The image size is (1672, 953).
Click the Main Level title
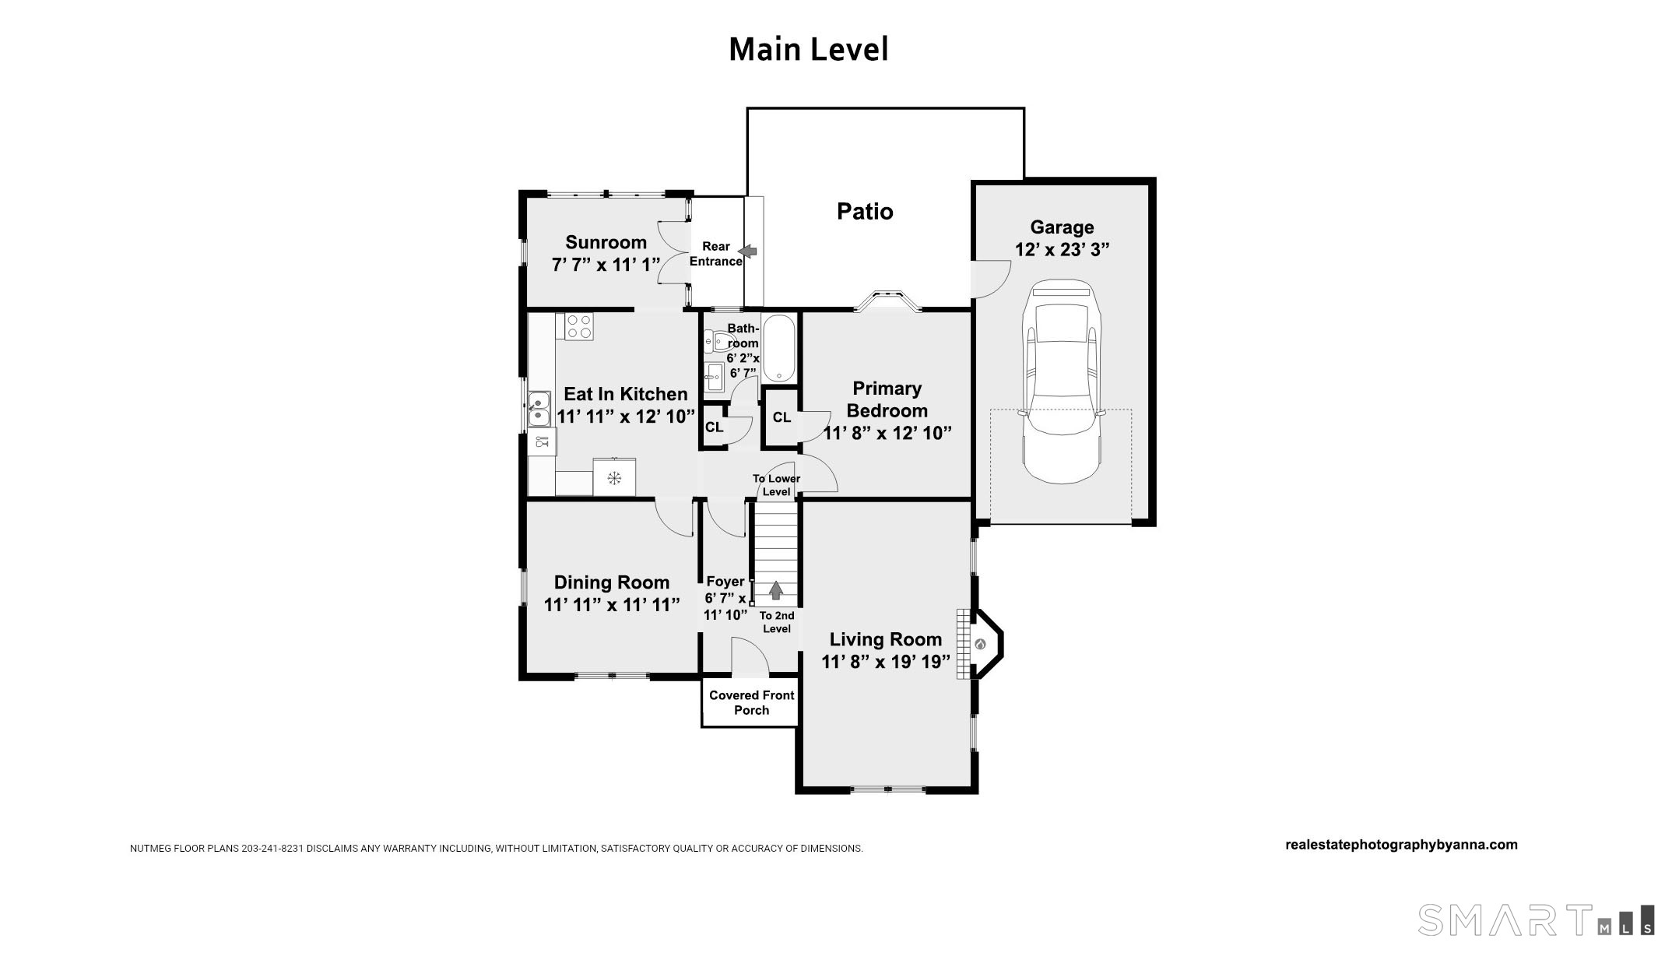(x=809, y=49)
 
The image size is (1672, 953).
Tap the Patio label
(x=865, y=212)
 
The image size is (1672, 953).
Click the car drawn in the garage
(x=1062, y=382)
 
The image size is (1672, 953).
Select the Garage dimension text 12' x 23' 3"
(x=1062, y=249)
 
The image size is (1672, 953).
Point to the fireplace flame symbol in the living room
(x=980, y=644)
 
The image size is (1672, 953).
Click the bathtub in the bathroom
(x=779, y=349)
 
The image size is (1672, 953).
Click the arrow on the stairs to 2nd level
(x=775, y=590)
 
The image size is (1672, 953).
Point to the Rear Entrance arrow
(x=748, y=251)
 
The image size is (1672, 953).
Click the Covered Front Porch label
(x=752, y=702)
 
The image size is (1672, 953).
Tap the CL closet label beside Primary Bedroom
(x=782, y=417)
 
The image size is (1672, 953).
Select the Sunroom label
(x=606, y=242)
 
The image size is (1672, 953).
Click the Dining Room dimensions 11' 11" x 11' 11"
(x=612, y=604)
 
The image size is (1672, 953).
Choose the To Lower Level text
(x=776, y=485)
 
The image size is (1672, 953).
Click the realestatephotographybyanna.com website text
(x=1401, y=845)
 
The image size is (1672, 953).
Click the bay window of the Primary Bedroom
(x=888, y=301)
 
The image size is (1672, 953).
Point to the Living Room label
(x=886, y=639)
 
